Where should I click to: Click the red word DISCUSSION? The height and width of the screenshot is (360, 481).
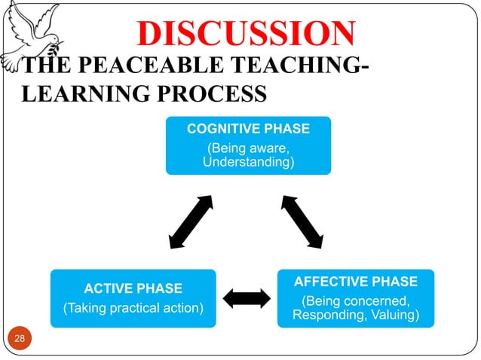click(x=246, y=34)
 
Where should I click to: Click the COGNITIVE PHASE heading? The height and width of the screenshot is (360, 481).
click(x=248, y=129)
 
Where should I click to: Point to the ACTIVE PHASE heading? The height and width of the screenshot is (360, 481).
click(x=133, y=288)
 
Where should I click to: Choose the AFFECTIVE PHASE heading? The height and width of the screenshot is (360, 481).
click(x=355, y=282)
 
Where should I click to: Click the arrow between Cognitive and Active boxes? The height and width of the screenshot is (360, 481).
click(x=191, y=221)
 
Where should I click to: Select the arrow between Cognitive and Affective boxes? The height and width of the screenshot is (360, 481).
click(x=303, y=221)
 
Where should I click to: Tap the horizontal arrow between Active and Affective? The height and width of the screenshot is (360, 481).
click(x=247, y=298)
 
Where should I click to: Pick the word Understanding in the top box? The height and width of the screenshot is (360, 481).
click(x=248, y=162)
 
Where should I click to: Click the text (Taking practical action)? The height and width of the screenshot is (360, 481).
click(x=133, y=307)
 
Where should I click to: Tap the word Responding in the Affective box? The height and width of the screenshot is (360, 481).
click(x=329, y=315)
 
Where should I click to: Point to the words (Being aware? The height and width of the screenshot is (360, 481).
click(x=248, y=148)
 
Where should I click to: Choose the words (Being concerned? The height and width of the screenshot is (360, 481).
click(x=355, y=302)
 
